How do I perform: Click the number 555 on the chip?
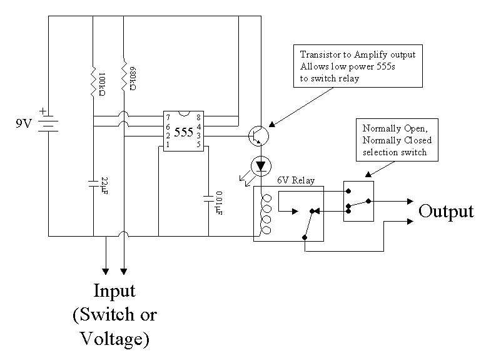click(x=183, y=132)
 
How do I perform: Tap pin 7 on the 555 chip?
click(x=166, y=117)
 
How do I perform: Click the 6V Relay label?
click(x=296, y=180)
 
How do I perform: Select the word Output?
click(x=445, y=211)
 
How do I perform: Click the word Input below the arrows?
click(x=114, y=291)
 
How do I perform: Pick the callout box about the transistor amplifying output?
click(x=357, y=66)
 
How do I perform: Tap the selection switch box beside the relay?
click(x=358, y=201)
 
